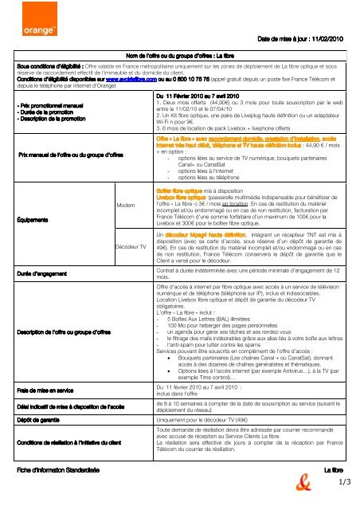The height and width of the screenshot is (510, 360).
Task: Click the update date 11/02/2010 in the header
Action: click(338, 39)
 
